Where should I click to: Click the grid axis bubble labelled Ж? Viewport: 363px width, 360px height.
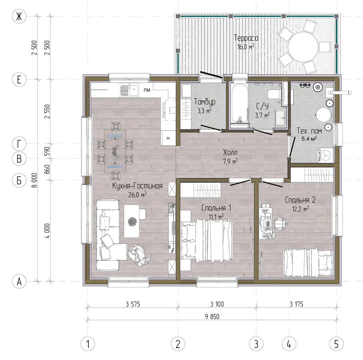[19, 16]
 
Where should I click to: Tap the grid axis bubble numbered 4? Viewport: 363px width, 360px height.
[289, 344]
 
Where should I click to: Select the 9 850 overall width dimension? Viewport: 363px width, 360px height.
[212, 316]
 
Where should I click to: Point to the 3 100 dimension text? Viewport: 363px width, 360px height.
[217, 304]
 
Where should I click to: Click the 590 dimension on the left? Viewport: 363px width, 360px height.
[47, 151]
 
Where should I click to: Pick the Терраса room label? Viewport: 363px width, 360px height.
[246, 38]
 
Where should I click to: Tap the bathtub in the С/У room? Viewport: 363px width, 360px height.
[239, 104]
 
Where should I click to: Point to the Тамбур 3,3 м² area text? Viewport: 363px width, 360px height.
[205, 111]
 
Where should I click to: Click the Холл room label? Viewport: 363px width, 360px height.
[230, 152]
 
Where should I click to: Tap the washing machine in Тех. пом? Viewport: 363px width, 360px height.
[325, 155]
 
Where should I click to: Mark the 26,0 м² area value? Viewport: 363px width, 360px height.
[137, 195]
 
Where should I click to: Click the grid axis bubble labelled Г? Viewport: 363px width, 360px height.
[19, 144]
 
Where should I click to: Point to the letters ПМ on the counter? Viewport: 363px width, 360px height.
[147, 90]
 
